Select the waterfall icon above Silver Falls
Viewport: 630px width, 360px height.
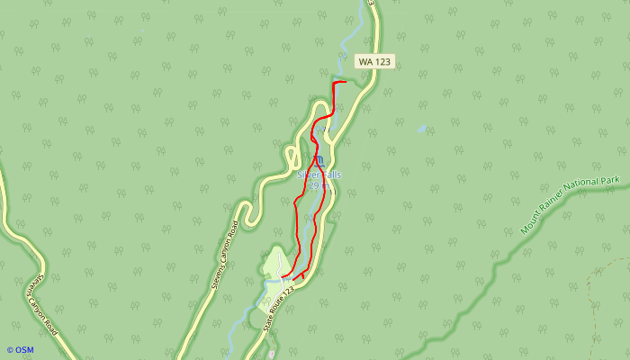click(x=319, y=161)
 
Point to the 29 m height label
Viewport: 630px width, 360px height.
click(x=313, y=185)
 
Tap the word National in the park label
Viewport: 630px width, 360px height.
click(x=593, y=192)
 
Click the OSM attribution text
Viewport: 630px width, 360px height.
click(x=24, y=350)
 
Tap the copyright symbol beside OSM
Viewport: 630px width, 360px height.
click(x=10, y=350)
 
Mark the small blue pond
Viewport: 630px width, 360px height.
click(x=421, y=130)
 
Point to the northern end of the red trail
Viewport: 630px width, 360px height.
click(x=346, y=83)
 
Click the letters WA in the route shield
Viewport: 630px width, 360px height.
click(x=365, y=61)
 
